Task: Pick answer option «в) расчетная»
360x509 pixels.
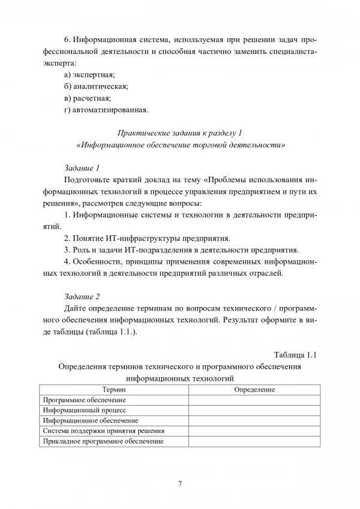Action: [88, 98]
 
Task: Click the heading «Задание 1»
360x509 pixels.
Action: [81, 168]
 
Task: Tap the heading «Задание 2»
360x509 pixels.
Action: [81, 296]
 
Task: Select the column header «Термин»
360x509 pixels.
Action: [113, 390]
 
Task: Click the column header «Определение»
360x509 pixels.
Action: [254, 390]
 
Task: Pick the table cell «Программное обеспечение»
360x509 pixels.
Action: [79, 400]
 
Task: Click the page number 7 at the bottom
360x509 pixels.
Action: [180, 483]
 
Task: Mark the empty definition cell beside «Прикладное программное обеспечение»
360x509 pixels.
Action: [254, 441]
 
